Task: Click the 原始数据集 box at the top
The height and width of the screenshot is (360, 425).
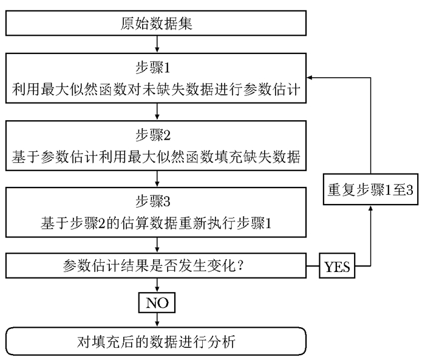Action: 157,25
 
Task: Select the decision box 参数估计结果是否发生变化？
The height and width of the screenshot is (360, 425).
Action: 157,266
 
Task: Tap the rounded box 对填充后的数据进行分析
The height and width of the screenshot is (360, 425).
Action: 157,341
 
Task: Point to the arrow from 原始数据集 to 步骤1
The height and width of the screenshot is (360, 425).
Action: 157,45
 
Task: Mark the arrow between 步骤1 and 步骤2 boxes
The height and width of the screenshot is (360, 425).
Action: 157,112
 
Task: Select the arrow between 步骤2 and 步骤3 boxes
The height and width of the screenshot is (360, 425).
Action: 157,179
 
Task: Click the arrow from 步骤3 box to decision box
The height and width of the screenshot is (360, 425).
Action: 157,246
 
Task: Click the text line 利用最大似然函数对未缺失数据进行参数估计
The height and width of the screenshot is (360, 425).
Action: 157,90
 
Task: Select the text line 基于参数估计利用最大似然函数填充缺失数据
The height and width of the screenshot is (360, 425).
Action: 157,157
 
